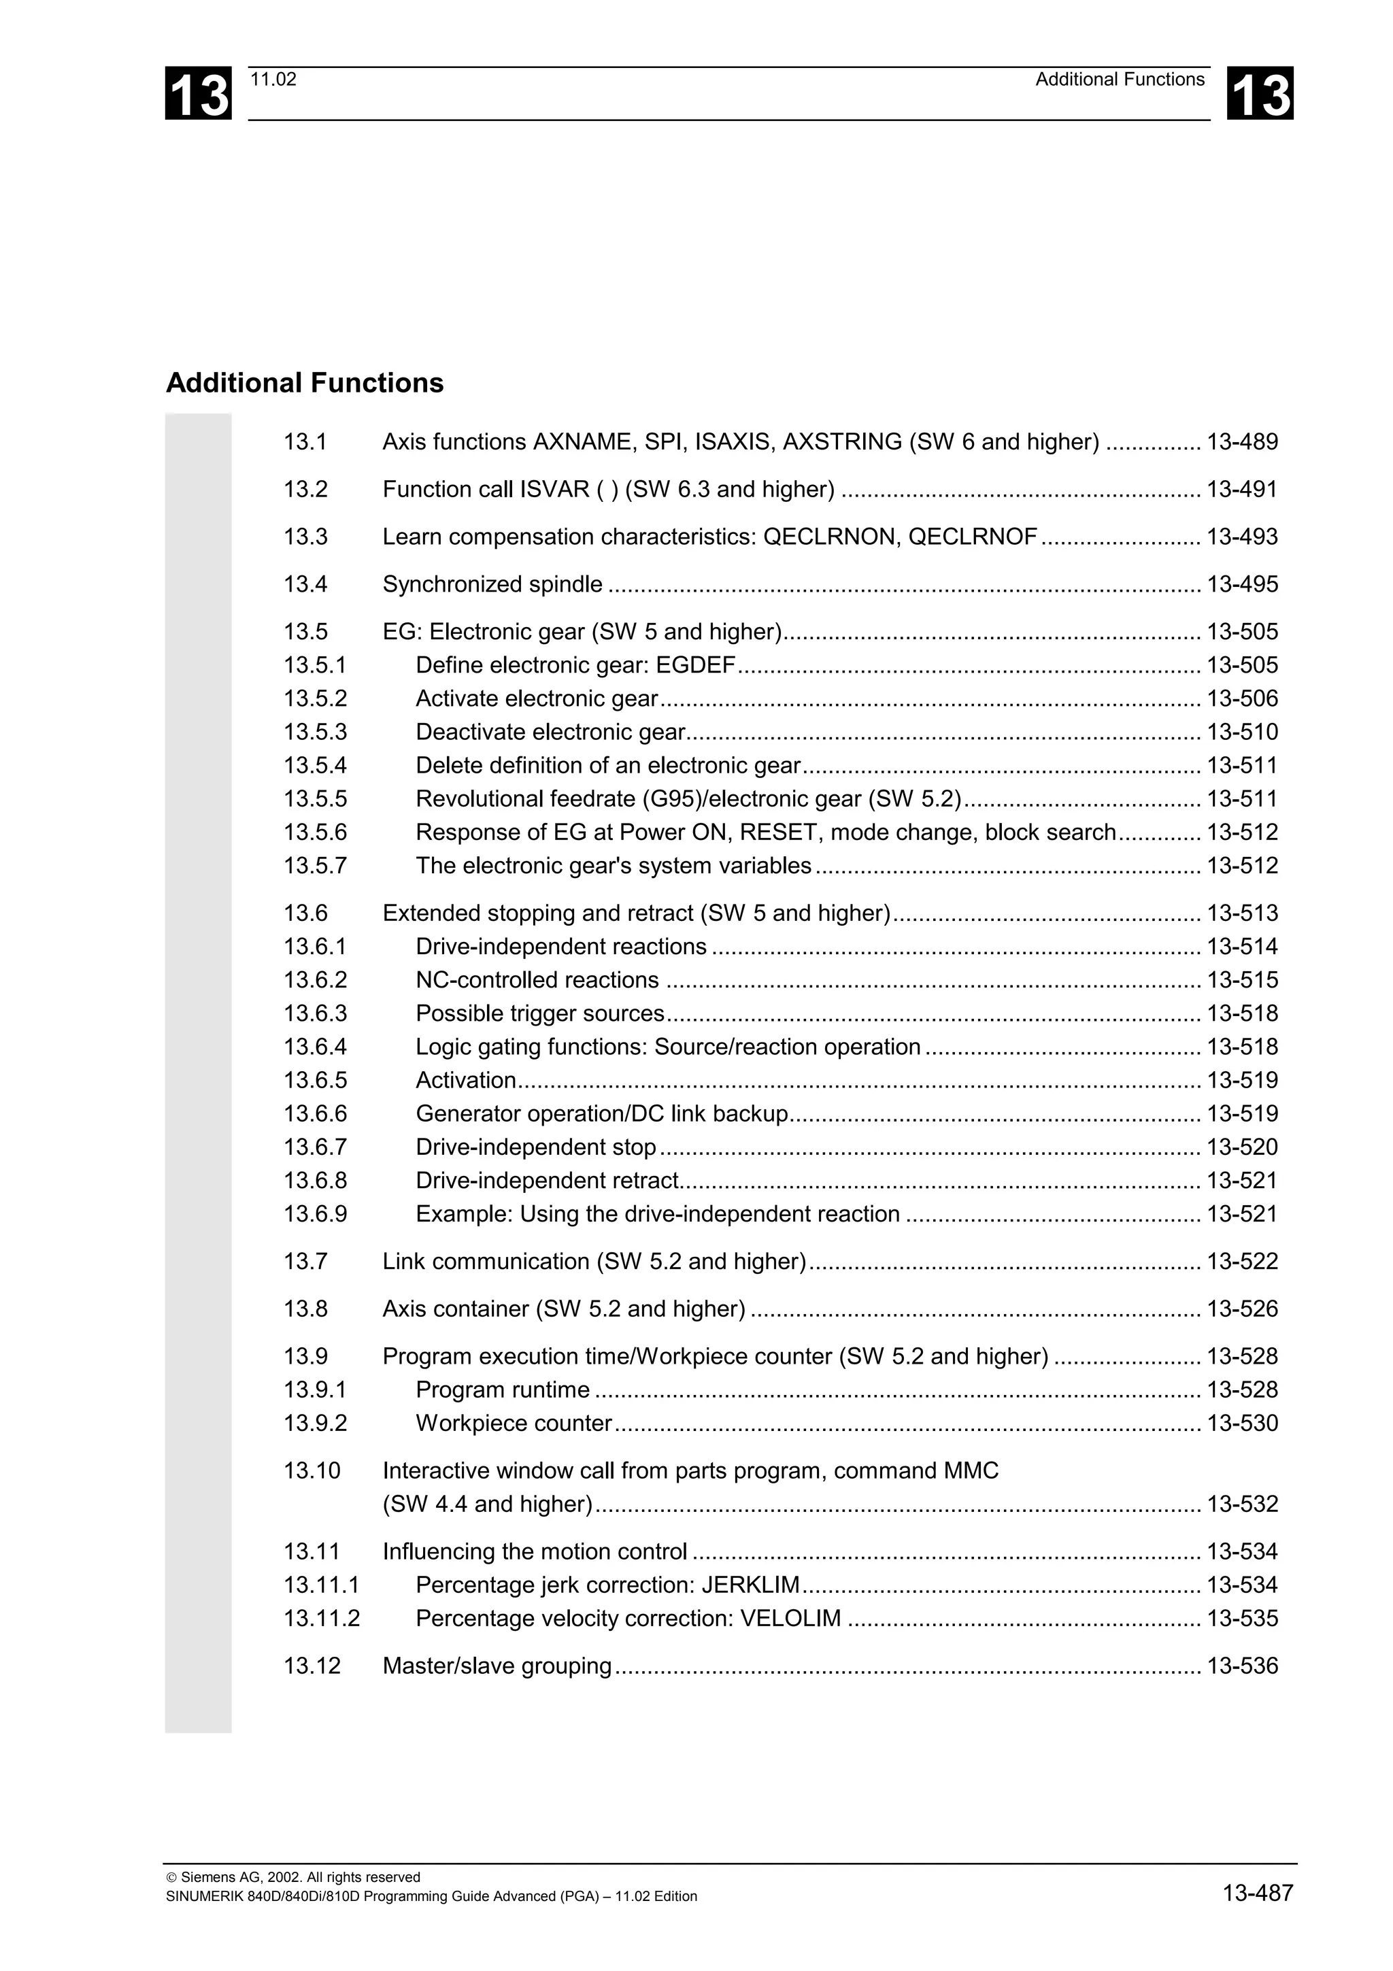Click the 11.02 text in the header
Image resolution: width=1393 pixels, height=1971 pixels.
click(x=273, y=80)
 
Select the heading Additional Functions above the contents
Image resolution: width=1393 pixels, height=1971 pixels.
click(x=305, y=383)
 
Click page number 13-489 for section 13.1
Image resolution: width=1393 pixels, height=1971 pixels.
click(x=1242, y=442)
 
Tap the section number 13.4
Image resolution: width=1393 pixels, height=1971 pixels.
click(x=305, y=585)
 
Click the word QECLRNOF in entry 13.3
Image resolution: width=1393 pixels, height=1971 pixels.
click(x=973, y=537)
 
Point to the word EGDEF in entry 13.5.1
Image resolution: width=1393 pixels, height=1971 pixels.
click(x=695, y=665)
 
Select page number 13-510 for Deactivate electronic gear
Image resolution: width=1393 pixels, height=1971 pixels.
click(x=1242, y=732)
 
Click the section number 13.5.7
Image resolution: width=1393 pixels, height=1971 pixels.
click(x=315, y=866)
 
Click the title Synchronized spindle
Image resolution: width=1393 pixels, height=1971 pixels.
click(x=492, y=585)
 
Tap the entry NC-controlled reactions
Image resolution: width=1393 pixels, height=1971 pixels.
click(x=537, y=980)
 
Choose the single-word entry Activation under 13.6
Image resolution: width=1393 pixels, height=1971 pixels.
click(x=466, y=1081)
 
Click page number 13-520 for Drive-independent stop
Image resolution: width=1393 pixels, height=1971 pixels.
click(x=1242, y=1148)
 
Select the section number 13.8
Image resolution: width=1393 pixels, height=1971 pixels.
click(x=305, y=1309)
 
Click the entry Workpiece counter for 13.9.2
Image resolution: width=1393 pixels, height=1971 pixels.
click(x=514, y=1423)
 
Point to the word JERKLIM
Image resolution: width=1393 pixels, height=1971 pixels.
click(x=750, y=1585)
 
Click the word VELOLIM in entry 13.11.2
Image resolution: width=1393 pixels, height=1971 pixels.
click(x=790, y=1618)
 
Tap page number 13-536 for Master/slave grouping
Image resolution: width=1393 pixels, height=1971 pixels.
click(x=1242, y=1666)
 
